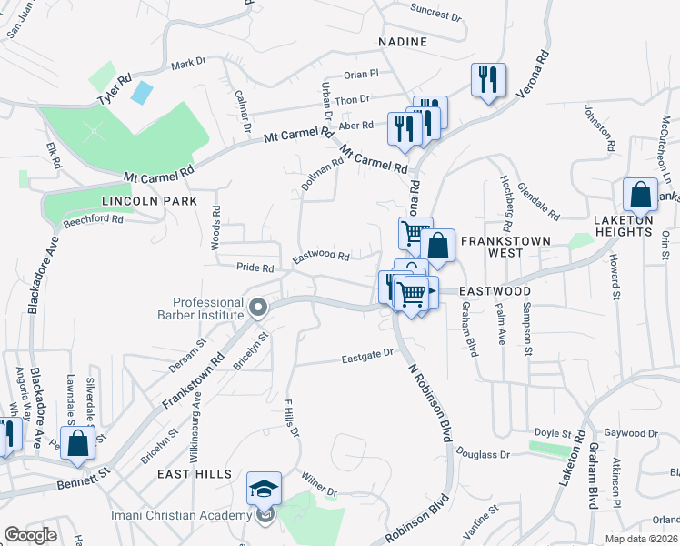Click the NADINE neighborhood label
(x=404, y=42)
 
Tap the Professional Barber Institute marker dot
(x=258, y=308)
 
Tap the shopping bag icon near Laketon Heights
(x=640, y=195)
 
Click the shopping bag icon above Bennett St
(x=79, y=443)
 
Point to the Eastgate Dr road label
(x=367, y=354)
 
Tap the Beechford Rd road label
(x=94, y=219)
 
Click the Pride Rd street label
(x=255, y=268)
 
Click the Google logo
(x=30, y=535)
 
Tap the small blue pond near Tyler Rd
(x=142, y=92)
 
